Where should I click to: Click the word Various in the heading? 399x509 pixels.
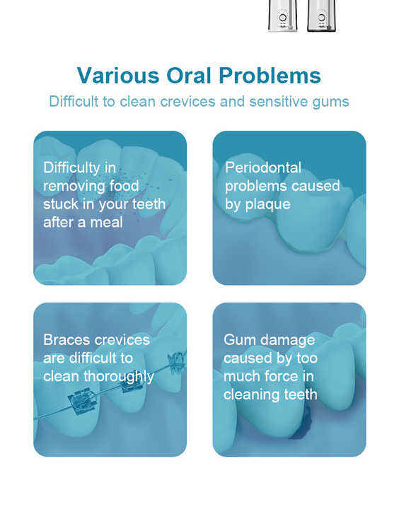[118, 76]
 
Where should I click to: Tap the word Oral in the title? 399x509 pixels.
[189, 76]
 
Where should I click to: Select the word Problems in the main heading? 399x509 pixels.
[270, 76]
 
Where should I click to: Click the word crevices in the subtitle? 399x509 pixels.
[187, 102]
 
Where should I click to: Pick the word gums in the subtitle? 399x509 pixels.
[330, 103]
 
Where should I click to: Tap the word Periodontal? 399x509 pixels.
[263, 168]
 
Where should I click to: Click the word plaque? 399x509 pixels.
[267, 205]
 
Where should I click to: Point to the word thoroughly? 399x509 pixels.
[119, 378]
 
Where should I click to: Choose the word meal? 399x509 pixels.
[107, 223]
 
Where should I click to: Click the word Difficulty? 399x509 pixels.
[72, 168]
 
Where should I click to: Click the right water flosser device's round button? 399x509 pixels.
[322, 17]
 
